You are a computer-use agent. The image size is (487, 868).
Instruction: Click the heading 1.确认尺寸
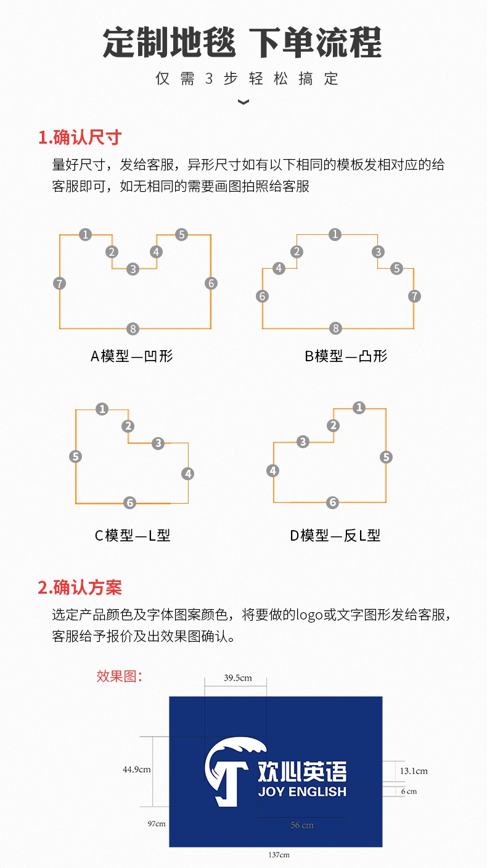pyautogui.click(x=80, y=137)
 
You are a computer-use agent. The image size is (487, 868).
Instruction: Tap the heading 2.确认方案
pyautogui.click(x=80, y=587)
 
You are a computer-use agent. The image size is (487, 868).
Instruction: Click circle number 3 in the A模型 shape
pyautogui.click(x=133, y=269)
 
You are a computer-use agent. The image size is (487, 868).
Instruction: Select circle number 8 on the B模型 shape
pyautogui.click(x=335, y=329)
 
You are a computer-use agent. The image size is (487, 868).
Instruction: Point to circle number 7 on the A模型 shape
pyautogui.click(x=59, y=283)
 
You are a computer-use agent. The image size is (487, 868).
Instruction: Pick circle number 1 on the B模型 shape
pyautogui.click(x=335, y=234)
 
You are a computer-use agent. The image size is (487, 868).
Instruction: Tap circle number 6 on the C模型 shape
pyautogui.click(x=130, y=502)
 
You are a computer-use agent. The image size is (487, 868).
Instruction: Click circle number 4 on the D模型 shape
pyautogui.click(x=272, y=471)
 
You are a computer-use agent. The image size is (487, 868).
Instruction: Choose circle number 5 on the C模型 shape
pyautogui.click(x=76, y=456)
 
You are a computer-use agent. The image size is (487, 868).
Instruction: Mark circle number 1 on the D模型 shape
pyautogui.click(x=359, y=407)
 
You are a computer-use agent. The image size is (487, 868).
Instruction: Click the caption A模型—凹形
pyautogui.click(x=132, y=356)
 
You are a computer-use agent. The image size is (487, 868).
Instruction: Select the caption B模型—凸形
pyautogui.click(x=346, y=356)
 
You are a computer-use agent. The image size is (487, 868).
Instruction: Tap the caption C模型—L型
pyautogui.click(x=133, y=535)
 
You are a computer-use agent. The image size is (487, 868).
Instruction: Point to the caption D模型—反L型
pyautogui.click(x=335, y=535)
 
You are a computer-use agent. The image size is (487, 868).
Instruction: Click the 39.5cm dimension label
pyautogui.click(x=238, y=678)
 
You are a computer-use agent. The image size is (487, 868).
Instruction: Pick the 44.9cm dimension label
pyautogui.click(x=137, y=769)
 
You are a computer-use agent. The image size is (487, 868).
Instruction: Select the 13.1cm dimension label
pyautogui.click(x=414, y=771)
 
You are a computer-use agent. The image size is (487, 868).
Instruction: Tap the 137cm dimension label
pyautogui.click(x=279, y=855)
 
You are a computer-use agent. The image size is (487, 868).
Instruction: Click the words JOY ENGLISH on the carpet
pyautogui.click(x=302, y=792)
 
